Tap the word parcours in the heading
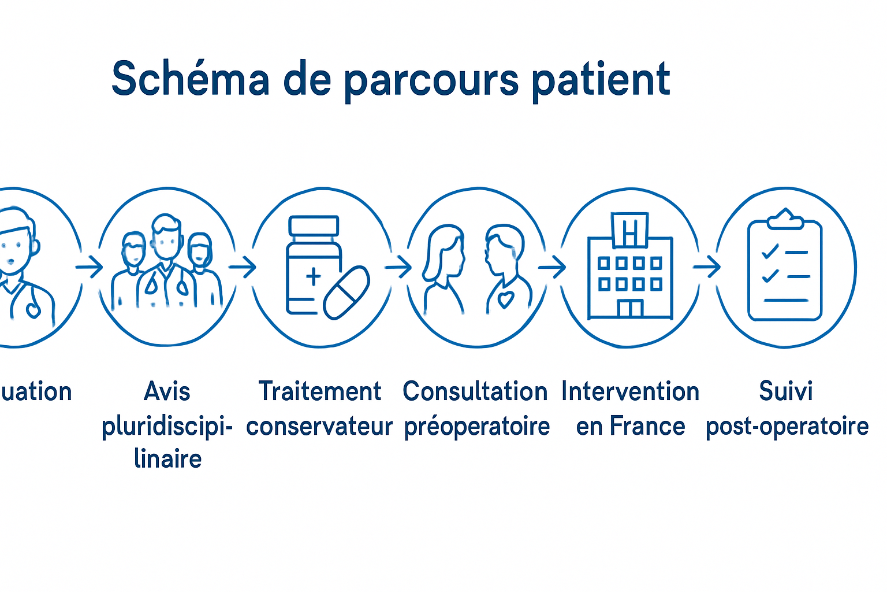(x=431, y=81)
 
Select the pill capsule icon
(x=346, y=293)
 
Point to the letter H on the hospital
(x=630, y=231)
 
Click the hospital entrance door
(x=630, y=309)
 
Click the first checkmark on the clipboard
(x=770, y=251)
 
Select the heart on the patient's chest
(x=505, y=299)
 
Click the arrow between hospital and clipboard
(x=707, y=267)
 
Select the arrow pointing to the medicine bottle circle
(x=243, y=267)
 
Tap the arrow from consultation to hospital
(x=552, y=267)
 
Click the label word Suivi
(x=785, y=391)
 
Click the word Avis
(x=167, y=391)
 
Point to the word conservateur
(x=319, y=427)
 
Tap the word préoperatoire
(x=477, y=427)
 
